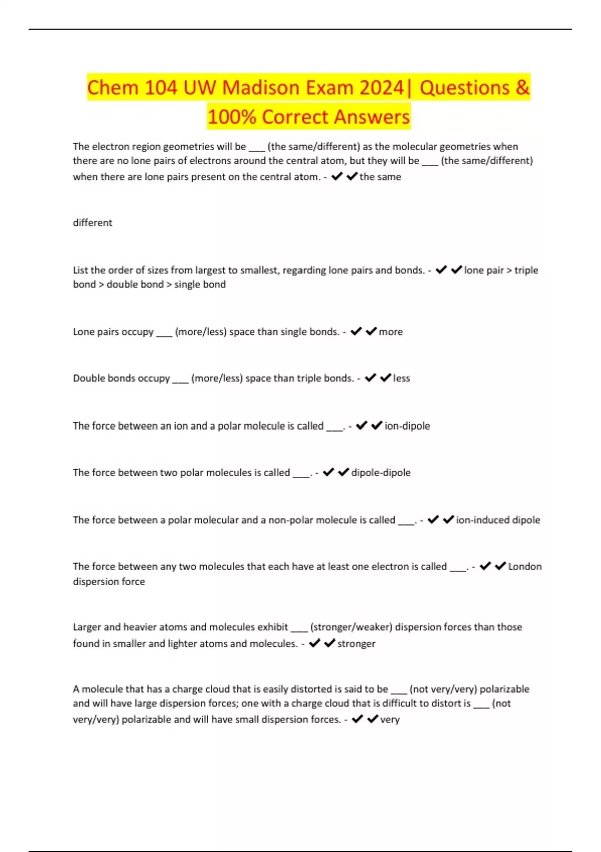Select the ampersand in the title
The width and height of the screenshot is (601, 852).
click(x=522, y=88)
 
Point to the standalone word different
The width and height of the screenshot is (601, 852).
click(x=93, y=223)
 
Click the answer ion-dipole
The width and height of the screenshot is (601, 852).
click(x=407, y=426)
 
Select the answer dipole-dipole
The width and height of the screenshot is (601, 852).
click(x=381, y=473)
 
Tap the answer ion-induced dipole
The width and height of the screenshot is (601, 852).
click(x=498, y=520)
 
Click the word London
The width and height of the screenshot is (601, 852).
click(x=525, y=567)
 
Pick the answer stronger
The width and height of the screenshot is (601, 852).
click(x=356, y=644)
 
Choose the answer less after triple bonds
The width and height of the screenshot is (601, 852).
click(x=401, y=378)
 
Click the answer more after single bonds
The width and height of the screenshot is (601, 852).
click(x=391, y=332)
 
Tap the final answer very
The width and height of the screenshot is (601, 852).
click(x=390, y=720)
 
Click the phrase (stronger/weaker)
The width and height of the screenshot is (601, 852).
click(x=351, y=627)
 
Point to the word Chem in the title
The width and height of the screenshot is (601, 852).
click(x=112, y=88)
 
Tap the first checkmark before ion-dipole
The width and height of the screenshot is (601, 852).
click(x=361, y=426)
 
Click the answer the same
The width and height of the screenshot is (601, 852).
click(x=380, y=177)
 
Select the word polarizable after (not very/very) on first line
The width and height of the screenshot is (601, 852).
click(x=504, y=689)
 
